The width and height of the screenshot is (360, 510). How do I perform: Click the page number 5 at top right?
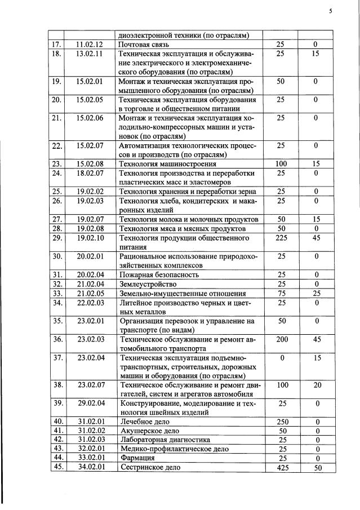[331, 11]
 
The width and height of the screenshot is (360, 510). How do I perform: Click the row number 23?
[56, 164]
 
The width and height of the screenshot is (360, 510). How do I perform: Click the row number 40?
[56, 422]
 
